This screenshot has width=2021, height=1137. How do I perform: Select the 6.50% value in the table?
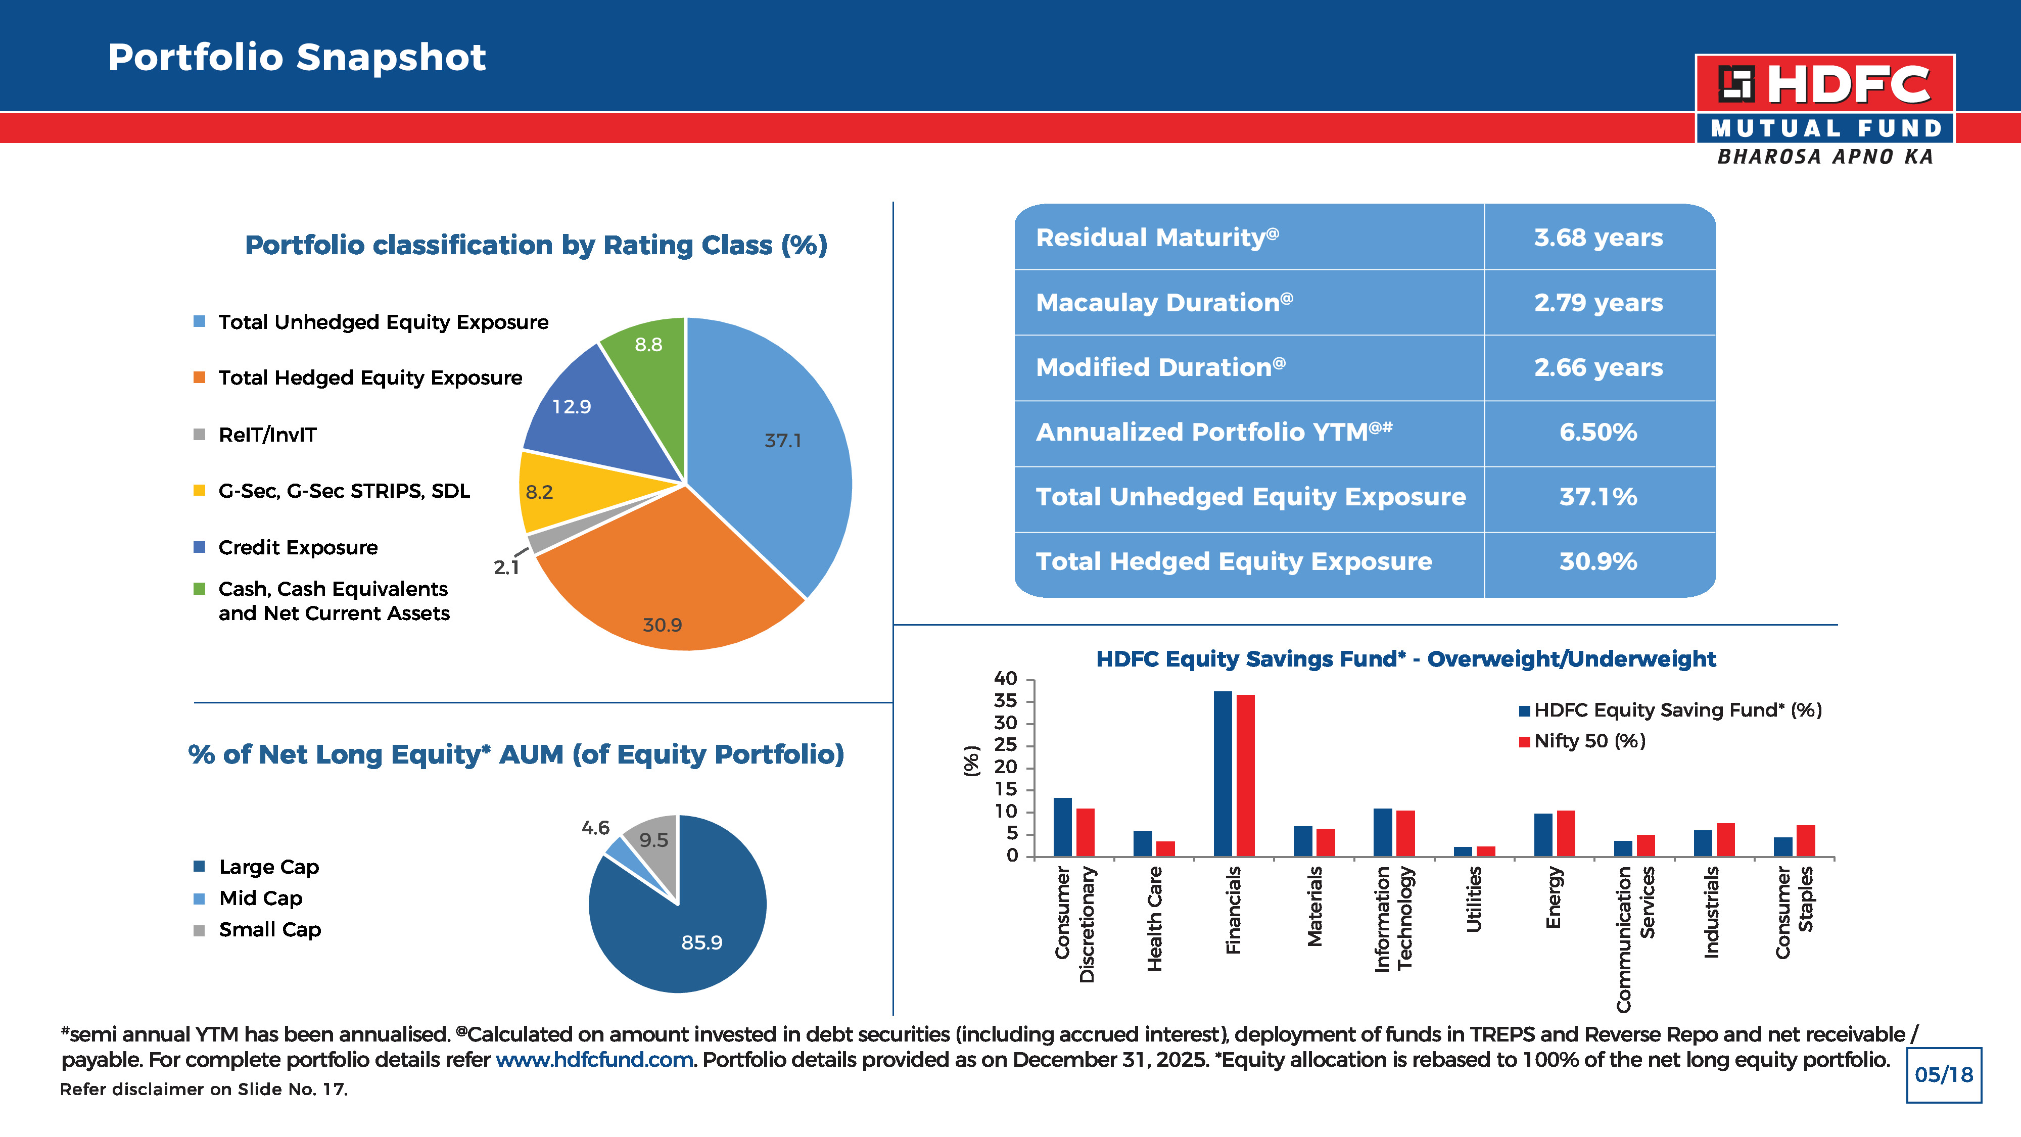pos(1598,433)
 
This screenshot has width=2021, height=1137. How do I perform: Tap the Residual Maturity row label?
pos(1157,237)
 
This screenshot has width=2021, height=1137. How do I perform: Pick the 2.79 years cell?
pos(1598,303)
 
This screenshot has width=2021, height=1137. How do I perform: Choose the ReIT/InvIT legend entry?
pos(255,435)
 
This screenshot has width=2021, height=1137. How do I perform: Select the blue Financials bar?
pos(1223,774)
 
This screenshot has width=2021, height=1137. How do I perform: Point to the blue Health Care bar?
pos(1142,843)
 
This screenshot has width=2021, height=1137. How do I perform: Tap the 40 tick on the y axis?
pos(1006,679)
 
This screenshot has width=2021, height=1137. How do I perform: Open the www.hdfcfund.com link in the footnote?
pos(594,1060)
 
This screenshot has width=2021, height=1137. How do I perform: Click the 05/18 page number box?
pos(1943,1075)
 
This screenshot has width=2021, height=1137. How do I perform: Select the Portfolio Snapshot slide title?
pos(297,57)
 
